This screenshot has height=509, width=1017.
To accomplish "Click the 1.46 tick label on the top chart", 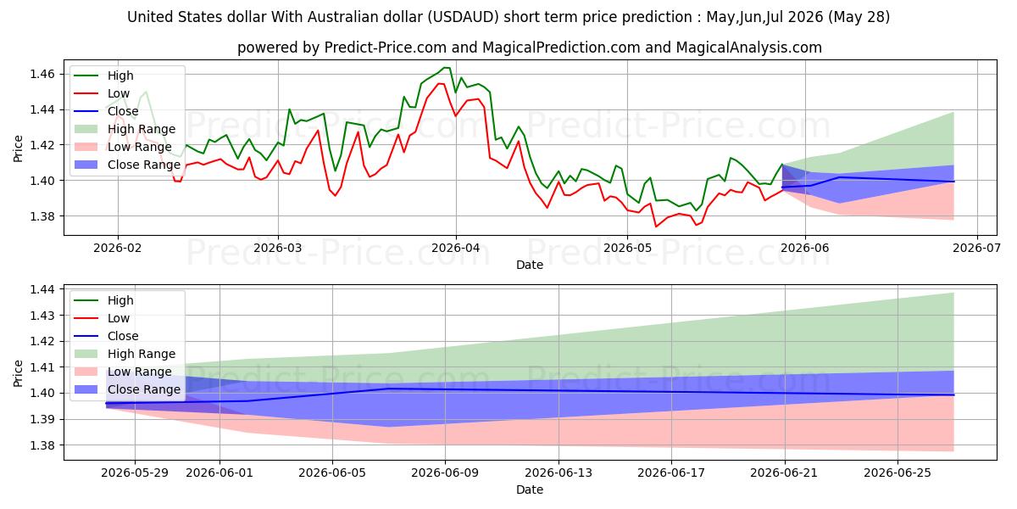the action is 42,74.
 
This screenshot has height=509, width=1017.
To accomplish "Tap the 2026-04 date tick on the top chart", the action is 455,248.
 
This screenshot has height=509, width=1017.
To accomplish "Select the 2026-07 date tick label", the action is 976,248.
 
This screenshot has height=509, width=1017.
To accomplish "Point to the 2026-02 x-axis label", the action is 118,248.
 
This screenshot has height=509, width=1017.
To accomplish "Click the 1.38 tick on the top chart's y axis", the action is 42,216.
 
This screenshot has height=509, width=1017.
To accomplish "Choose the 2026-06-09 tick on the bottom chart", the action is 445,473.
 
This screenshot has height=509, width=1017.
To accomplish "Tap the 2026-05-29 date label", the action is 135,473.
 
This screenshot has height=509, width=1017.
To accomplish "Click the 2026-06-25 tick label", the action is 898,473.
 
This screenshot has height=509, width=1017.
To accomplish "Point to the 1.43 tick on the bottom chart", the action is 42,316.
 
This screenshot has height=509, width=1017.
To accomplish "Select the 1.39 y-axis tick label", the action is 42,419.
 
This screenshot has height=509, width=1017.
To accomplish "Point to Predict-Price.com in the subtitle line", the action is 386,48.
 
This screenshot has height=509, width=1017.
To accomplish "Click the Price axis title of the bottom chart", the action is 18,373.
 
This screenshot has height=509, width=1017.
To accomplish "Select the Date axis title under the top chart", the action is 530,265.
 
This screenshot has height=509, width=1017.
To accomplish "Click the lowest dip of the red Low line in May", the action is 656,227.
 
